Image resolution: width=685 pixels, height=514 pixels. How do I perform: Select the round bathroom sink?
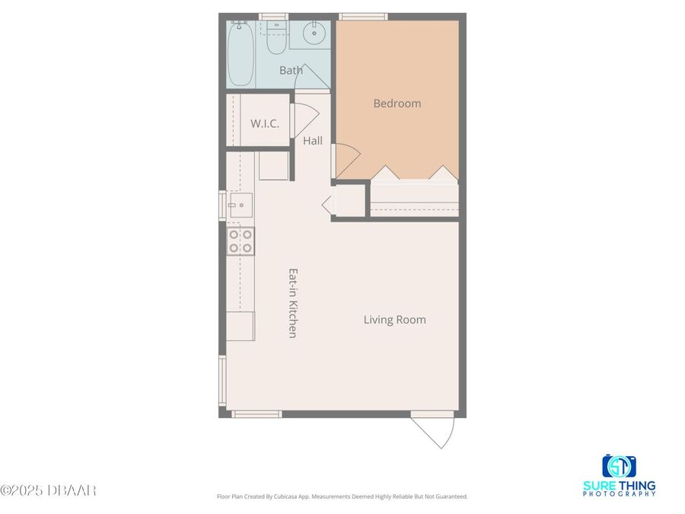tap(313, 34)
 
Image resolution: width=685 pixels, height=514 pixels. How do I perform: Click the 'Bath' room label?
tap(291, 71)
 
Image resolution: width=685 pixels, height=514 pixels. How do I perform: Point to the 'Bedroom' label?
tap(397, 104)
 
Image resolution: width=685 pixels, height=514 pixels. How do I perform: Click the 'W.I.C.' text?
tap(265, 123)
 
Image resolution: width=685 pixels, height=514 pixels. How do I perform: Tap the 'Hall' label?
tap(313, 141)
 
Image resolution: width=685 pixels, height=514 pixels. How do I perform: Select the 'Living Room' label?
tap(394, 320)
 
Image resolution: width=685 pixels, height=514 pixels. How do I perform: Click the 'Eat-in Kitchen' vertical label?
tap(291, 302)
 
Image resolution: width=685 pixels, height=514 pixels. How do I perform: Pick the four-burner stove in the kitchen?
tap(241, 241)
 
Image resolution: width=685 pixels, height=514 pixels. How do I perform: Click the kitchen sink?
tap(240, 204)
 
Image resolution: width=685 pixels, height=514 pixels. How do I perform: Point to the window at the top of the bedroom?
tap(363, 16)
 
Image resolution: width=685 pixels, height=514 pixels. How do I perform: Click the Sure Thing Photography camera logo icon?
tap(619, 465)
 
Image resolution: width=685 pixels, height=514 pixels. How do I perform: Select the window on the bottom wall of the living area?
tap(256, 414)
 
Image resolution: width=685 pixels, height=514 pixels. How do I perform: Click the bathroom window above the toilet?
tap(272, 16)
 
